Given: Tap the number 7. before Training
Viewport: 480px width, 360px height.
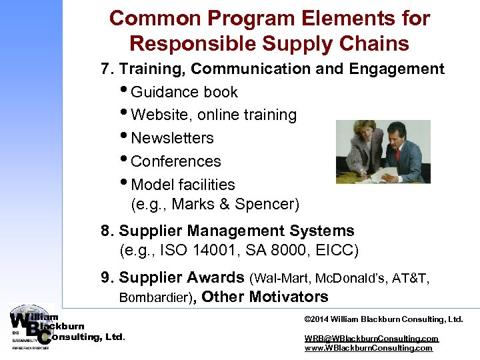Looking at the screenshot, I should (107, 69).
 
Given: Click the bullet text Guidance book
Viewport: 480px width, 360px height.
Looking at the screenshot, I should (184, 92).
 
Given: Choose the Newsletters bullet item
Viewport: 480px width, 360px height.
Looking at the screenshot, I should (172, 138).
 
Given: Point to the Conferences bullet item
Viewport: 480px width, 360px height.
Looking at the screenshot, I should (176, 161).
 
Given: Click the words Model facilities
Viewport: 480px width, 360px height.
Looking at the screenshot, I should (183, 185).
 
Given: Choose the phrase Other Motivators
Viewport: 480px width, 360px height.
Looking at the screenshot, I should (265, 297).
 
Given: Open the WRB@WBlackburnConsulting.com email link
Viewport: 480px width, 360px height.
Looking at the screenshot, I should (371, 338).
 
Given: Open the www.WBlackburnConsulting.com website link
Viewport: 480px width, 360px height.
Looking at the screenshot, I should (368, 348).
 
